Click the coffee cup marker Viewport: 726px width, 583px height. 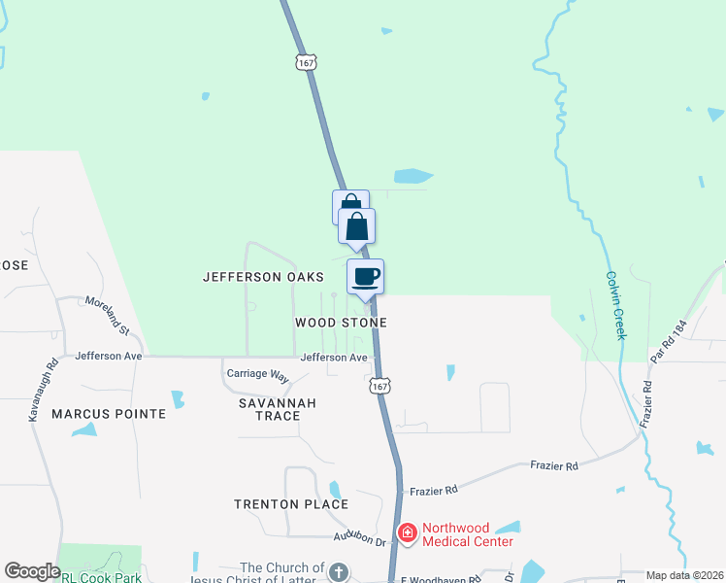366,277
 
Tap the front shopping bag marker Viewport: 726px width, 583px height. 357,227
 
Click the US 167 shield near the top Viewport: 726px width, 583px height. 307,62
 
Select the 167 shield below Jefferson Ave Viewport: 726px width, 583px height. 379,386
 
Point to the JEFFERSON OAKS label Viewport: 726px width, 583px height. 263,277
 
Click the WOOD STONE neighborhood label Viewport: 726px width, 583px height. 342,323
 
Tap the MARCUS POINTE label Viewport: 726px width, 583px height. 109,414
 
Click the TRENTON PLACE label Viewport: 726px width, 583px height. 291,504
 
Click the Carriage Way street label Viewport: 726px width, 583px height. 258,374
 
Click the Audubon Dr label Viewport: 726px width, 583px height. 359,536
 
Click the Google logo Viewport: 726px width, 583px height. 32,571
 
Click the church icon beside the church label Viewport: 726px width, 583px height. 338,571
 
